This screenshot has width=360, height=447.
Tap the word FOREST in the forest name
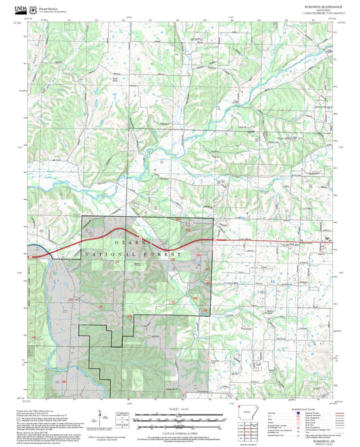point(166,254)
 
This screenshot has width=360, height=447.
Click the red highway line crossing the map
point(270,240)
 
